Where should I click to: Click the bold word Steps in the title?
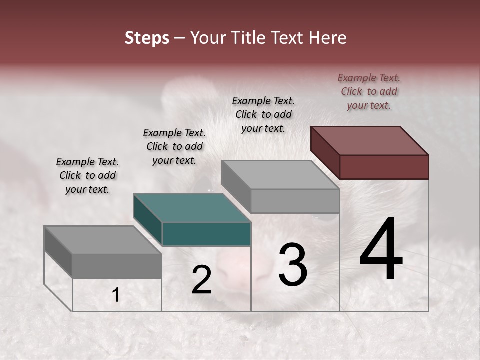click(147, 38)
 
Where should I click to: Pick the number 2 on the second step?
click(201, 280)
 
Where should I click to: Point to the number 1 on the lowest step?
click(115, 295)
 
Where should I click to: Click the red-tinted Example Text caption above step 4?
click(369, 92)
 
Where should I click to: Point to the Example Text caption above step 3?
click(263, 114)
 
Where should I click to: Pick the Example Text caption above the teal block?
click(174, 147)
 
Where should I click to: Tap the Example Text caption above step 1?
click(87, 176)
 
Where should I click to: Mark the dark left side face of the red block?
click(325, 152)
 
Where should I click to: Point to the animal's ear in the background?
click(180, 97)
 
